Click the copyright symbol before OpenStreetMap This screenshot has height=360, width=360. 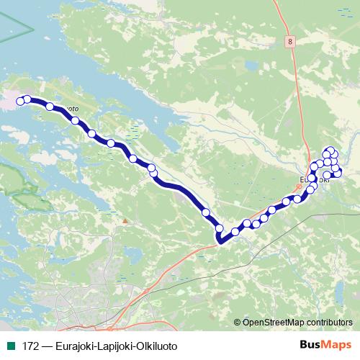237,322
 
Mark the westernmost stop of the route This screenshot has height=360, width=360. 20,101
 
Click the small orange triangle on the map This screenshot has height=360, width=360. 125,220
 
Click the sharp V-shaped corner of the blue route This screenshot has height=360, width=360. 221,240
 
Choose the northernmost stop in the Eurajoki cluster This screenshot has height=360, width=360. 330,150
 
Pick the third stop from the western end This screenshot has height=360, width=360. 50,107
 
